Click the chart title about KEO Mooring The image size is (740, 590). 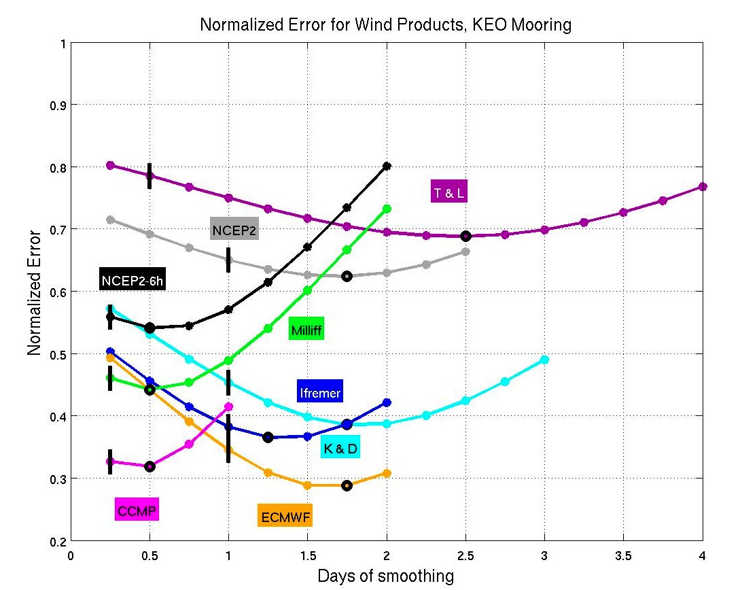385,26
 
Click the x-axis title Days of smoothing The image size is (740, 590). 385,576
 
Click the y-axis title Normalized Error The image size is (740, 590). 35,292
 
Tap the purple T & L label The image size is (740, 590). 449,192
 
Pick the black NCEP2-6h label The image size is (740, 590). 133,280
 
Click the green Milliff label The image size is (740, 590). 306,330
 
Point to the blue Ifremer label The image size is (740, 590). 319,392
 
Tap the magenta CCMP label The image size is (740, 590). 137,510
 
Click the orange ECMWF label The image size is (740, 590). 285,517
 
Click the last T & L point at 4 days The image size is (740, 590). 703,186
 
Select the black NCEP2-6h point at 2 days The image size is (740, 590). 387,166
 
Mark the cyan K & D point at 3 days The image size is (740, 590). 544,360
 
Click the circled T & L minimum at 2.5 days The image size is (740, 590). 465,236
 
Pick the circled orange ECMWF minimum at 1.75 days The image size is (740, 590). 347,485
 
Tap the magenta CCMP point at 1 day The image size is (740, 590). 228,406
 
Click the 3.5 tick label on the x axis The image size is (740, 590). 623,556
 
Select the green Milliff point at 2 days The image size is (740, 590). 387,209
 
